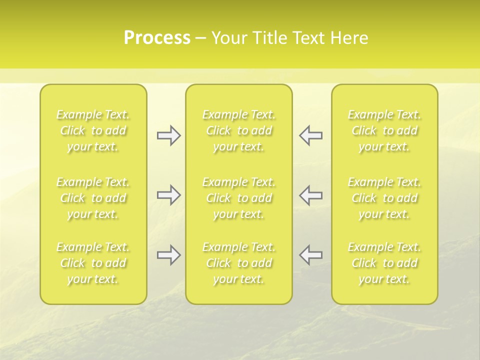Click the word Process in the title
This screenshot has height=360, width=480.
[157, 38]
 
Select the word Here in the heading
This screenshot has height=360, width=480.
[348, 38]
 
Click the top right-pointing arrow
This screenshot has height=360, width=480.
[168, 135]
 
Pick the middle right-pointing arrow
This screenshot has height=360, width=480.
[168, 195]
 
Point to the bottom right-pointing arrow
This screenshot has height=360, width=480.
[168, 255]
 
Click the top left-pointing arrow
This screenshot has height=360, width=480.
[311, 135]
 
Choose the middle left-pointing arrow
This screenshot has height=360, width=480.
[311, 195]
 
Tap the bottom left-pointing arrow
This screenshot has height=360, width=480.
[311, 255]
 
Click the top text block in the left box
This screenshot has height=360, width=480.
[93, 130]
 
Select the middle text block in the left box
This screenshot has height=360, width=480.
[93, 198]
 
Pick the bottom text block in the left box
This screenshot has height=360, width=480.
[93, 263]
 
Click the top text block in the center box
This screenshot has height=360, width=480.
[239, 130]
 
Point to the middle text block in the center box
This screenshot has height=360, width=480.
[239, 198]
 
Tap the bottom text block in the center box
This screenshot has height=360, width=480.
[239, 263]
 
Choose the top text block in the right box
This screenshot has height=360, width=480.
[384, 130]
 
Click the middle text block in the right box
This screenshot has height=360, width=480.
[384, 198]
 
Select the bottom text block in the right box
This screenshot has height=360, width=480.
[384, 263]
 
